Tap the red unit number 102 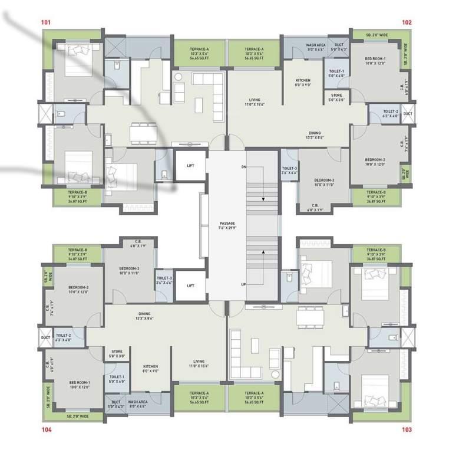point(407,22)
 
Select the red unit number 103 point(407,430)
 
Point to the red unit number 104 point(47,430)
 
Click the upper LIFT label point(190,167)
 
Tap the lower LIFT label point(190,286)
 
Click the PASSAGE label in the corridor point(227,223)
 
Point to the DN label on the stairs point(243,168)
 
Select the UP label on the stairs point(243,284)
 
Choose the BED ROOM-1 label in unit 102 point(375,59)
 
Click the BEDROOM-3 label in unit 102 point(324,180)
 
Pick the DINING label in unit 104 point(144,314)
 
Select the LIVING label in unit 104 point(199,362)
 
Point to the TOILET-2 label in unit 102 point(390,111)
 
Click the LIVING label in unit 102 point(255,100)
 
